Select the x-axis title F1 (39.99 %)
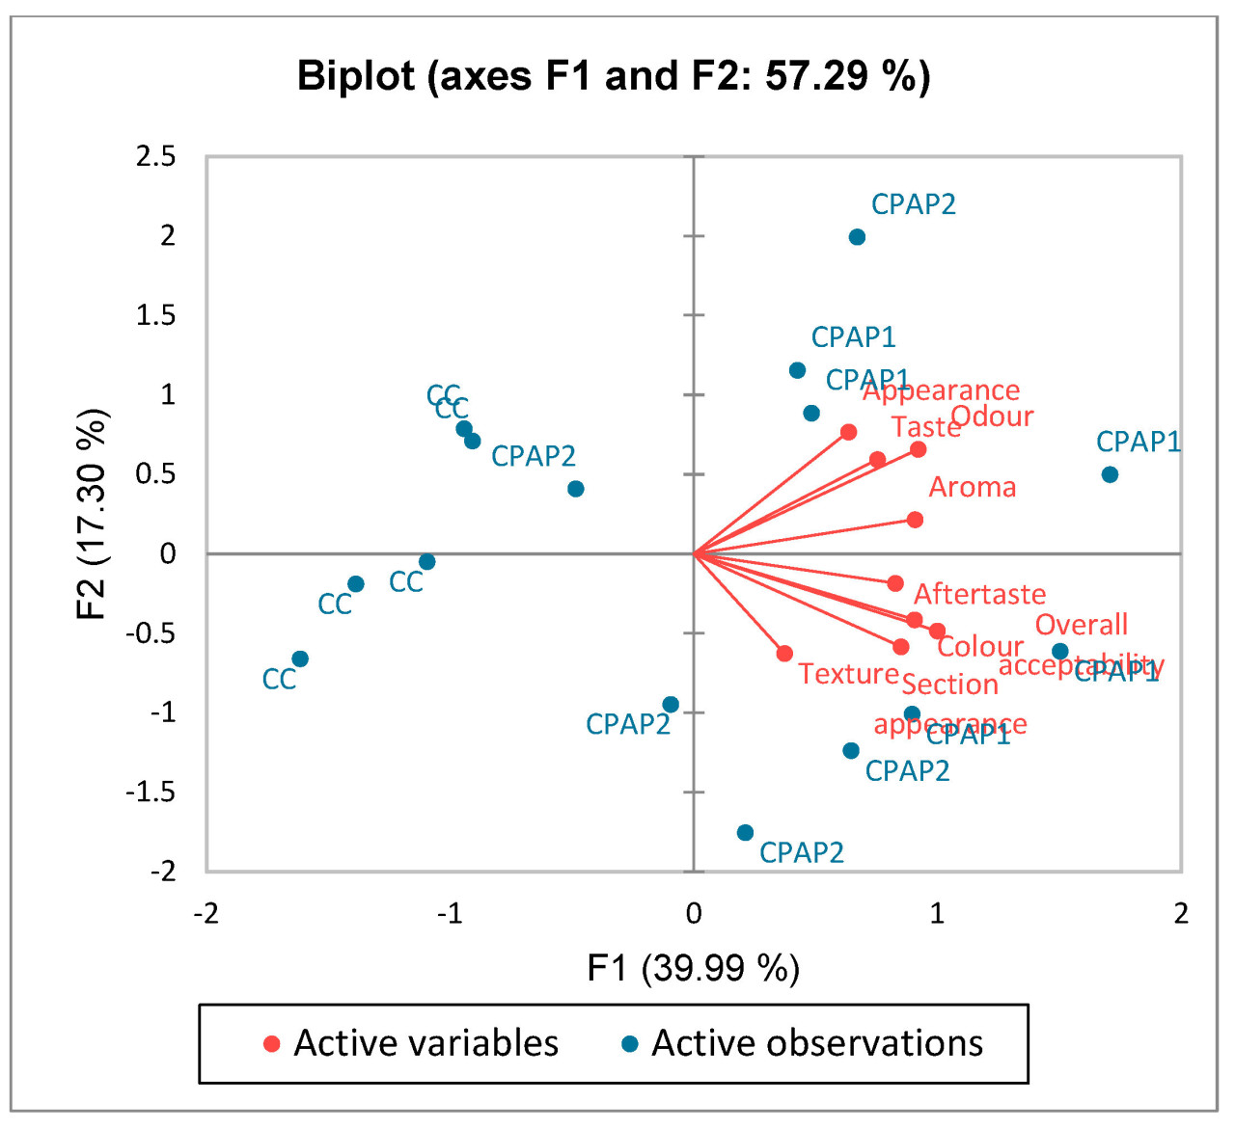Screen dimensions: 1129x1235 pyautogui.click(x=693, y=967)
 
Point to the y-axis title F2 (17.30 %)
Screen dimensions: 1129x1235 pyautogui.click(x=92, y=514)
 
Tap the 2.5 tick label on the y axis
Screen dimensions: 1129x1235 pyautogui.click(x=156, y=156)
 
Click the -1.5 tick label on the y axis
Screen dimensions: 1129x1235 pyautogui.click(x=152, y=792)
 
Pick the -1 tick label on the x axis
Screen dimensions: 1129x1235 pyautogui.click(x=450, y=914)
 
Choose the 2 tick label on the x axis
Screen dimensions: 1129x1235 pyautogui.click(x=1180, y=914)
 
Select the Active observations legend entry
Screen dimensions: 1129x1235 pyautogui.click(x=803, y=1043)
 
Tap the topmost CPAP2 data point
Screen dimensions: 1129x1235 pyautogui.click(x=857, y=237)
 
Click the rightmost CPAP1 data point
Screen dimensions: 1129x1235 pyautogui.click(x=1110, y=474)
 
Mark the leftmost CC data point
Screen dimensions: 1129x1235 pyautogui.click(x=300, y=659)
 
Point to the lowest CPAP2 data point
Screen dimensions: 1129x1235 pyautogui.click(x=745, y=833)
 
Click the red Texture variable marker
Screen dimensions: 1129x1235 pyautogui.click(x=784, y=654)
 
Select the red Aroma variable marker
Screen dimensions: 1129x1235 pyautogui.click(x=915, y=520)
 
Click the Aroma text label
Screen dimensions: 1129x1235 pyautogui.click(x=973, y=488)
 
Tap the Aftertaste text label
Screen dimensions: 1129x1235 pyautogui.click(x=979, y=594)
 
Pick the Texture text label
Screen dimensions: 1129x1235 pyautogui.click(x=848, y=674)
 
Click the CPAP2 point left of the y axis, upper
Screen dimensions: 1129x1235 pyautogui.click(x=576, y=489)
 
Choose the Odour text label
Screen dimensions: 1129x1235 pyautogui.click(x=992, y=417)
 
